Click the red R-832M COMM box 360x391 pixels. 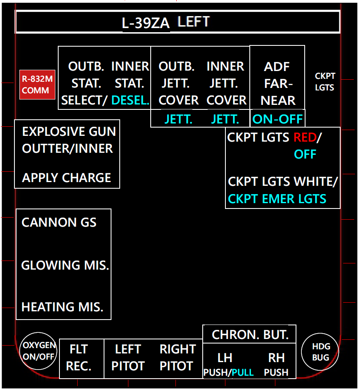[x=38, y=84]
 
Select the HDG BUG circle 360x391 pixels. [x=320, y=352]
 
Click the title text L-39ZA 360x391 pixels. [x=146, y=24]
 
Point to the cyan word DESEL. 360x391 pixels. [x=130, y=100]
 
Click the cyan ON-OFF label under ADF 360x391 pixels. [x=277, y=119]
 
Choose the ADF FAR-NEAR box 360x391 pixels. [x=277, y=83]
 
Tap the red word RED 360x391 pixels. [x=305, y=137]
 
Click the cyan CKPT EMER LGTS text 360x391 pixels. [x=277, y=199]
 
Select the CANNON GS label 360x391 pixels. [x=59, y=223]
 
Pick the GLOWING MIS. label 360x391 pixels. [x=65, y=265]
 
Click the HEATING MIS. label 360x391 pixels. [x=62, y=307]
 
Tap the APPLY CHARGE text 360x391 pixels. [x=66, y=178]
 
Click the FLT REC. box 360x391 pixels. [x=79, y=358]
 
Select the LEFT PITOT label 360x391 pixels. [x=128, y=358]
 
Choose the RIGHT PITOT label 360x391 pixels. [x=178, y=358]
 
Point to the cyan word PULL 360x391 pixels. [x=243, y=372]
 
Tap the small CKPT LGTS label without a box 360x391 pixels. [x=325, y=82]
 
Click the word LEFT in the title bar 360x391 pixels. [x=194, y=21]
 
